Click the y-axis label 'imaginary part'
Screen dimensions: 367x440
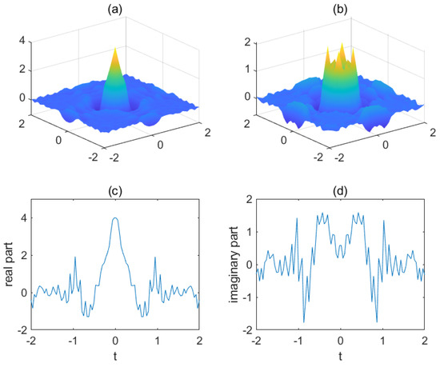click(230, 264)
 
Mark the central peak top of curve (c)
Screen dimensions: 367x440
click(116, 218)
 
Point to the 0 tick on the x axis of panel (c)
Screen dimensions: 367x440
click(116, 340)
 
